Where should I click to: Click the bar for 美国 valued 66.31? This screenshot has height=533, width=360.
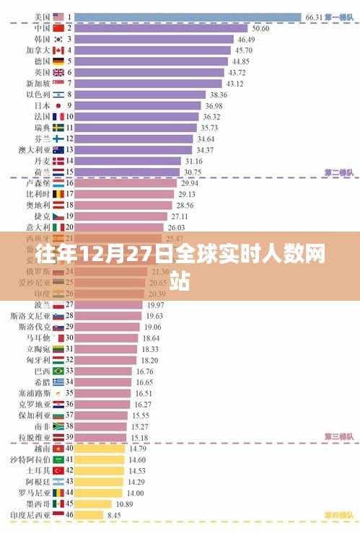click(x=188, y=16)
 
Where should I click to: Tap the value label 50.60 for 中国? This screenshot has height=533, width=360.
click(x=260, y=28)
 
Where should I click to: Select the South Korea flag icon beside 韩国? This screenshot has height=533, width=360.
click(x=59, y=39)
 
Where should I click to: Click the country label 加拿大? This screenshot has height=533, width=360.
click(x=38, y=50)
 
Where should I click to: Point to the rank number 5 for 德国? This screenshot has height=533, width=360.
click(x=70, y=61)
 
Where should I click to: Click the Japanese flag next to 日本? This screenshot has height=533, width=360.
click(x=59, y=105)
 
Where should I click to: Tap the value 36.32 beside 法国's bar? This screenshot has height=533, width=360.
click(x=211, y=116)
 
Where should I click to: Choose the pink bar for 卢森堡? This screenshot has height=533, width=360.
click(x=126, y=183)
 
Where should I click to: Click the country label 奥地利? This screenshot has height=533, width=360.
click(x=38, y=205)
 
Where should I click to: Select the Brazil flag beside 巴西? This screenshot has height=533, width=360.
click(x=59, y=371)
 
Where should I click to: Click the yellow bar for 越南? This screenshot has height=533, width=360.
click(x=100, y=448)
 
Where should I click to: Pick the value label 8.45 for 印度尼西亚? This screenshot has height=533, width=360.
click(x=114, y=515)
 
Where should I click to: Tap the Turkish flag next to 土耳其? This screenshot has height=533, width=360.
click(x=59, y=470)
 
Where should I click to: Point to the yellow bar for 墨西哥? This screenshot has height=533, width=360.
click(x=93, y=503)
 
